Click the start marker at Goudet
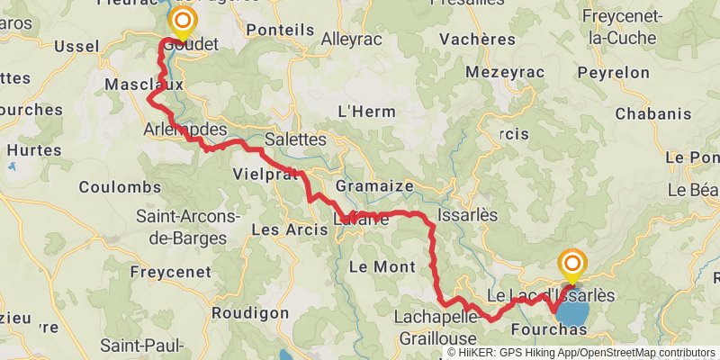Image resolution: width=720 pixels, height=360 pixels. coord(184,20)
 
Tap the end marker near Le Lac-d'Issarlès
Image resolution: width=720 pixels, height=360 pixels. coord(571,265)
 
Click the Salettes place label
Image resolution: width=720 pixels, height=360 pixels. coord(295,139)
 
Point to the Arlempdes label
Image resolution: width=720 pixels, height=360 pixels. coord(184,130)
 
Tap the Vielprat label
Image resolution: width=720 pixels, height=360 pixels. coord(265,173)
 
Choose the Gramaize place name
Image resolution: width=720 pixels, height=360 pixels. coord(373,186)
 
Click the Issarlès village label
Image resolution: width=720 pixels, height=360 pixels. coord(466,216)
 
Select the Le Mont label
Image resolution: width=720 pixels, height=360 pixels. coord(382,266)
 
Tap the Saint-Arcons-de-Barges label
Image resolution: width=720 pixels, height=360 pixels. coord(186,226)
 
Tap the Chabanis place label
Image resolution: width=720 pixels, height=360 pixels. coord(653,114)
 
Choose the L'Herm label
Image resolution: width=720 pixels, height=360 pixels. coord(361,112)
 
